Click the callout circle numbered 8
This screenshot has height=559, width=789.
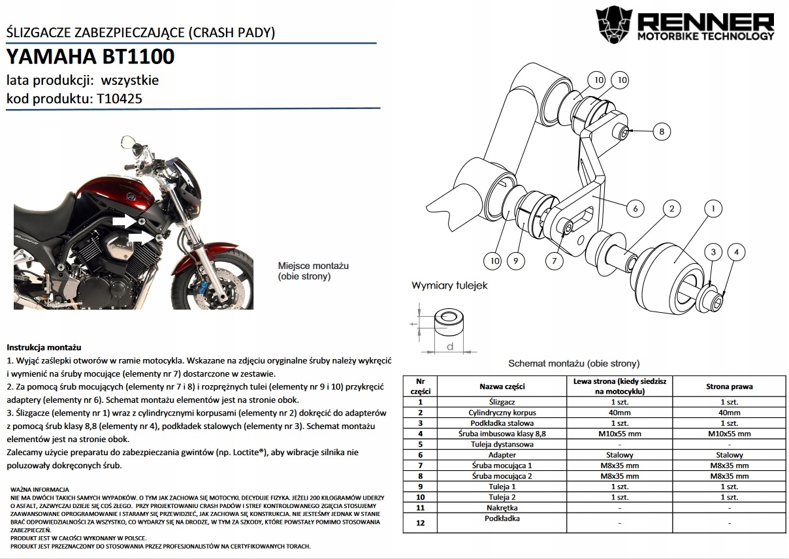[661, 131]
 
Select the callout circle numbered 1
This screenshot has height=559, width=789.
[713, 209]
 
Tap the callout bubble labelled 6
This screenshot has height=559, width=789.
[634, 209]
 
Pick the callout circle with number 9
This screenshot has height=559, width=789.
[515, 261]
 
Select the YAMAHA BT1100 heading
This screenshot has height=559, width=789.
[90, 57]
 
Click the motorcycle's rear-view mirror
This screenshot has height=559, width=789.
[129, 141]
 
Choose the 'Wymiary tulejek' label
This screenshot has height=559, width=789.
[449, 286]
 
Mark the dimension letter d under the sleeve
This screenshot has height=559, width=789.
[450, 346]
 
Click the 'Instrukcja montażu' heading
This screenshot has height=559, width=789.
[44, 347]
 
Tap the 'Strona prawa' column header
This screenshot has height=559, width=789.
[729, 386]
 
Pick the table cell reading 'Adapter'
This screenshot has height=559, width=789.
[502, 455]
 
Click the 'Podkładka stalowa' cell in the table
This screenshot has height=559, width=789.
[502, 423]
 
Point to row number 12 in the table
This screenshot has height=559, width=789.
[420, 522]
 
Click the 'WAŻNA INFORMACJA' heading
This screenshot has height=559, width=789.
[40, 489]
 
